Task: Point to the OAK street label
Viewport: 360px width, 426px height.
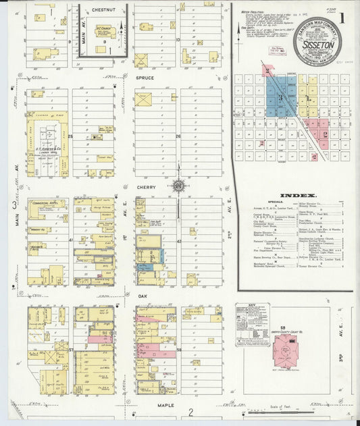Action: coord(143,295)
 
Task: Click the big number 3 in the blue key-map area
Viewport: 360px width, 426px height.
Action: coord(279,97)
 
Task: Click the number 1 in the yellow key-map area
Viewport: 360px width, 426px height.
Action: coord(309,99)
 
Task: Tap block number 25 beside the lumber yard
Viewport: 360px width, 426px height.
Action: coord(70,136)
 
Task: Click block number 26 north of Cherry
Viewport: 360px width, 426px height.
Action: coord(178,136)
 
